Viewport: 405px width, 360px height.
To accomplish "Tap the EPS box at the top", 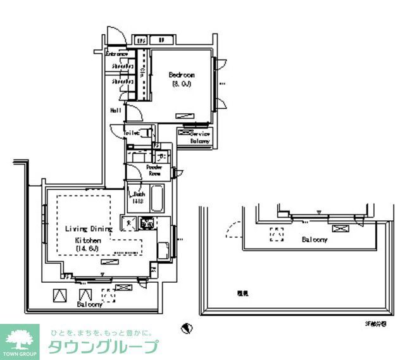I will point(142,40).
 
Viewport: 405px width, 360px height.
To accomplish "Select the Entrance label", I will point(117,54).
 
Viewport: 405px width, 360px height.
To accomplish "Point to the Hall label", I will point(116,110).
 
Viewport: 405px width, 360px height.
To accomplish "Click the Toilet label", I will point(132,133).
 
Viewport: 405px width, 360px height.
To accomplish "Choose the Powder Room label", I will point(154,170).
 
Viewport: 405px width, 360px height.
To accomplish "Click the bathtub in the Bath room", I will point(157,198).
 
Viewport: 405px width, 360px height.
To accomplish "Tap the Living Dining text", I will point(88,228).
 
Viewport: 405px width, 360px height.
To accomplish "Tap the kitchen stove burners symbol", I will point(147,223).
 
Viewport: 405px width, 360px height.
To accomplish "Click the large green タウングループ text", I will point(103,347).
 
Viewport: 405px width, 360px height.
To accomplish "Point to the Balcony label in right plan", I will point(314,240).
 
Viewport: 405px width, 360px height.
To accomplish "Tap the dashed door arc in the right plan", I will point(232,228).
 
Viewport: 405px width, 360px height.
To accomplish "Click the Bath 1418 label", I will point(139,198).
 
